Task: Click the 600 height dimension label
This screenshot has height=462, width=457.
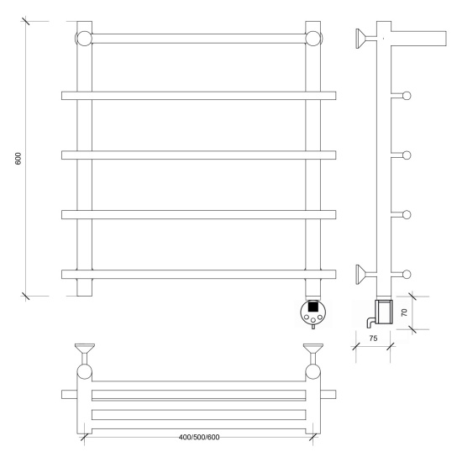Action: tap(18, 159)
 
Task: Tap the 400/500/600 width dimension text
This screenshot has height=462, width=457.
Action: tap(199, 437)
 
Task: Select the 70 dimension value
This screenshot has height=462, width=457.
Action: tap(404, 312)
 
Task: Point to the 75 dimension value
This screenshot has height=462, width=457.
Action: tap(373, 339)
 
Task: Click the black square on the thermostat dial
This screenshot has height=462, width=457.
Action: tap(313, 307)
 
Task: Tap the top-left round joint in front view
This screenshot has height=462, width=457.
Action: tap(84, 39)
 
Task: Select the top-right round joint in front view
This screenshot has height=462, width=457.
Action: tap(313, 39)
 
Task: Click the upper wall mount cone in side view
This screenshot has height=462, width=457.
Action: tap(361, 39)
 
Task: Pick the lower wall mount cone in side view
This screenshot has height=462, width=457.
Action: tap(361, 275)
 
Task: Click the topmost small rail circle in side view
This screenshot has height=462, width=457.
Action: tap(407, 96)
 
